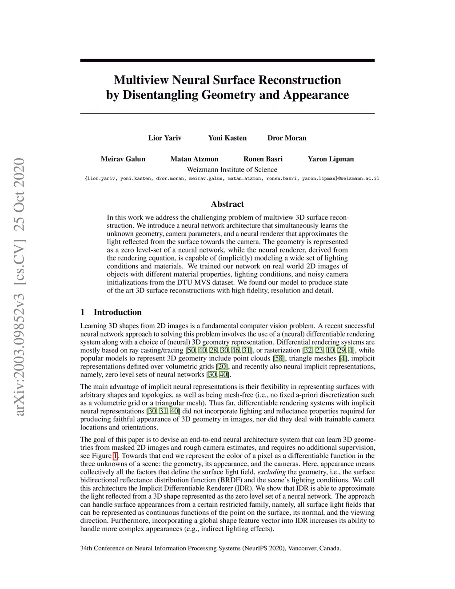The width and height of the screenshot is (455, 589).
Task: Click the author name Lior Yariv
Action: (164, 138)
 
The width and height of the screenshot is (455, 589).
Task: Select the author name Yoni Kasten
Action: (227, 138)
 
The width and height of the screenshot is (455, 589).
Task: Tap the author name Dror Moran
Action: (287, 138)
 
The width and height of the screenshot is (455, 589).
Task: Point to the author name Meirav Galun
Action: (123, 159)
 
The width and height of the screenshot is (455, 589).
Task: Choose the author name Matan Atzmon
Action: (194, 159)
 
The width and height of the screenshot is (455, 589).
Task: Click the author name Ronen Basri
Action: (263, 159)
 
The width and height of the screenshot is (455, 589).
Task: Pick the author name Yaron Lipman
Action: (331, 159)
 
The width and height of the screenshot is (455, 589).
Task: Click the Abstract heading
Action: (227, 204)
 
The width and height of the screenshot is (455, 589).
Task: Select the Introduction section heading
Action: (117, 312)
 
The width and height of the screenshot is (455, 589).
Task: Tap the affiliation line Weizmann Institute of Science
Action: (231, 169)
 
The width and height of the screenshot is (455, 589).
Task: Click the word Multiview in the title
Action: (141, 80)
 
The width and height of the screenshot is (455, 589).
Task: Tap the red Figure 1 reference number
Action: (116, 456)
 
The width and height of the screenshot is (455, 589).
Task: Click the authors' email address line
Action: (231, 179)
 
